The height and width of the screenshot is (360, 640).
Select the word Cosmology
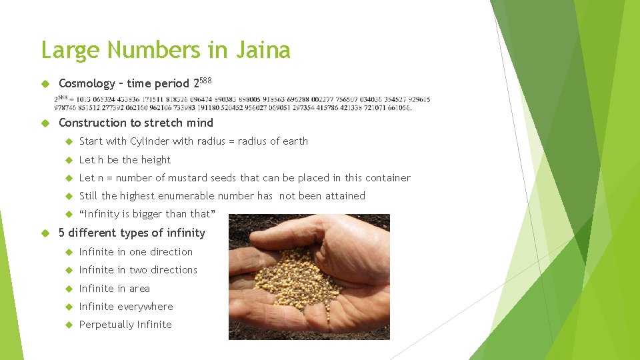[87, 84]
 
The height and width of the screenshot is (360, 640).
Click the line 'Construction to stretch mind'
[136, 123]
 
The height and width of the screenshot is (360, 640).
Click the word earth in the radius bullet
[295, 141]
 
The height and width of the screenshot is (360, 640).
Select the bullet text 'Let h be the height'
[125, 160]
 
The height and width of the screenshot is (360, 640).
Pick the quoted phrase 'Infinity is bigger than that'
[147, 214]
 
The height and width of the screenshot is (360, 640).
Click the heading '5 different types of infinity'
[132, 233]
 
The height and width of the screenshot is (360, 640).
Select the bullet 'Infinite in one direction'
[135, 252]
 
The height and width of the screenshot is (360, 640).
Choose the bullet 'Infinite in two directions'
[138, 270]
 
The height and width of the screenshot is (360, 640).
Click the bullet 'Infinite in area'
[114, 289]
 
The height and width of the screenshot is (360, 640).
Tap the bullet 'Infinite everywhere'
[125, 307]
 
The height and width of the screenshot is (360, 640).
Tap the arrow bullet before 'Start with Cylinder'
[69, 141]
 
